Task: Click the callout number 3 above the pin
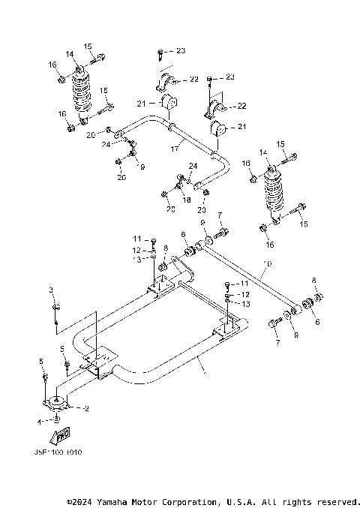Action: (x=51, y=290)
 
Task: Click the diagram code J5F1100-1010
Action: (x=57, y=452)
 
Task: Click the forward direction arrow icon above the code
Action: (x=61, y=435)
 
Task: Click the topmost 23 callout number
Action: (x=180, y=50)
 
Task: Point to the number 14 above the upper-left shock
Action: (x=69, y=54)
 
